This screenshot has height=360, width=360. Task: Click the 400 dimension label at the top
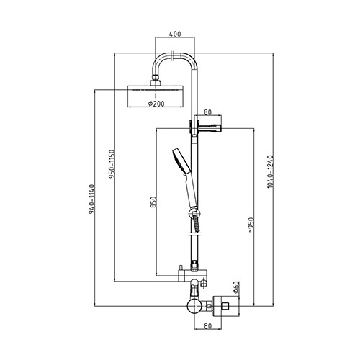tap(175, 34)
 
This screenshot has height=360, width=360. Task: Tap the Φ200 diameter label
tap(156, 104)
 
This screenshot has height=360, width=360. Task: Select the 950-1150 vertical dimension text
tap(112, 164)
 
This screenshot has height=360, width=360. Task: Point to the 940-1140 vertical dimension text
tap(92, 199)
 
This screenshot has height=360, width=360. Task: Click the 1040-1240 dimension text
tap(270, 171)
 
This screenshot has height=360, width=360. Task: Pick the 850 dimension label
tap(154, 202)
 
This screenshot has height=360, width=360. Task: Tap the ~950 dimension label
tap(251, 225)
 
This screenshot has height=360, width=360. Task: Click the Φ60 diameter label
tap(235, 287)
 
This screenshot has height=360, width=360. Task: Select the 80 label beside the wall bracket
tap(208, 112)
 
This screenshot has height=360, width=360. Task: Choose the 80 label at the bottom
tap(208, 326)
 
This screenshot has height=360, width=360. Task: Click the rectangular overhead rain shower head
tap(156, 96)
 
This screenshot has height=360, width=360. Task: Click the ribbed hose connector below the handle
tap(196, 222)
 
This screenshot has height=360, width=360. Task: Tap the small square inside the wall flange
tap(225, 306)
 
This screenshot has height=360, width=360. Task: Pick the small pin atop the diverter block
tap(180, 267)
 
